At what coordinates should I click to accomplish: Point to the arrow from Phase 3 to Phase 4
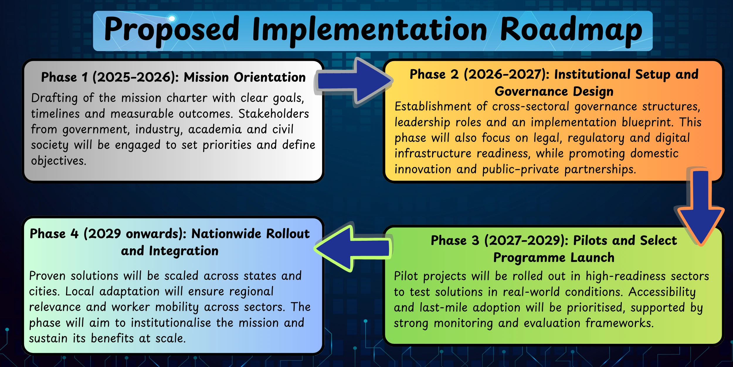click(x=353, y=248)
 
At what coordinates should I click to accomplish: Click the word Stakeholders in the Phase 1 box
click(x=274, y=114)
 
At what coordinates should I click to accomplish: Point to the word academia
click(x=215, y=129)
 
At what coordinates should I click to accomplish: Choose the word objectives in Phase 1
click(x=59, y=161)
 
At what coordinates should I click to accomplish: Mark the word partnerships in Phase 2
click(x=600, y=170)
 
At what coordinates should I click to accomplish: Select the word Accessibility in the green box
click(x=662, y=292)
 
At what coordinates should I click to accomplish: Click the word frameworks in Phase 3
click(x=620, y=323)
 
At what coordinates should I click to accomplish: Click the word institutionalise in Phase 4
click(x=171, y=323)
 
